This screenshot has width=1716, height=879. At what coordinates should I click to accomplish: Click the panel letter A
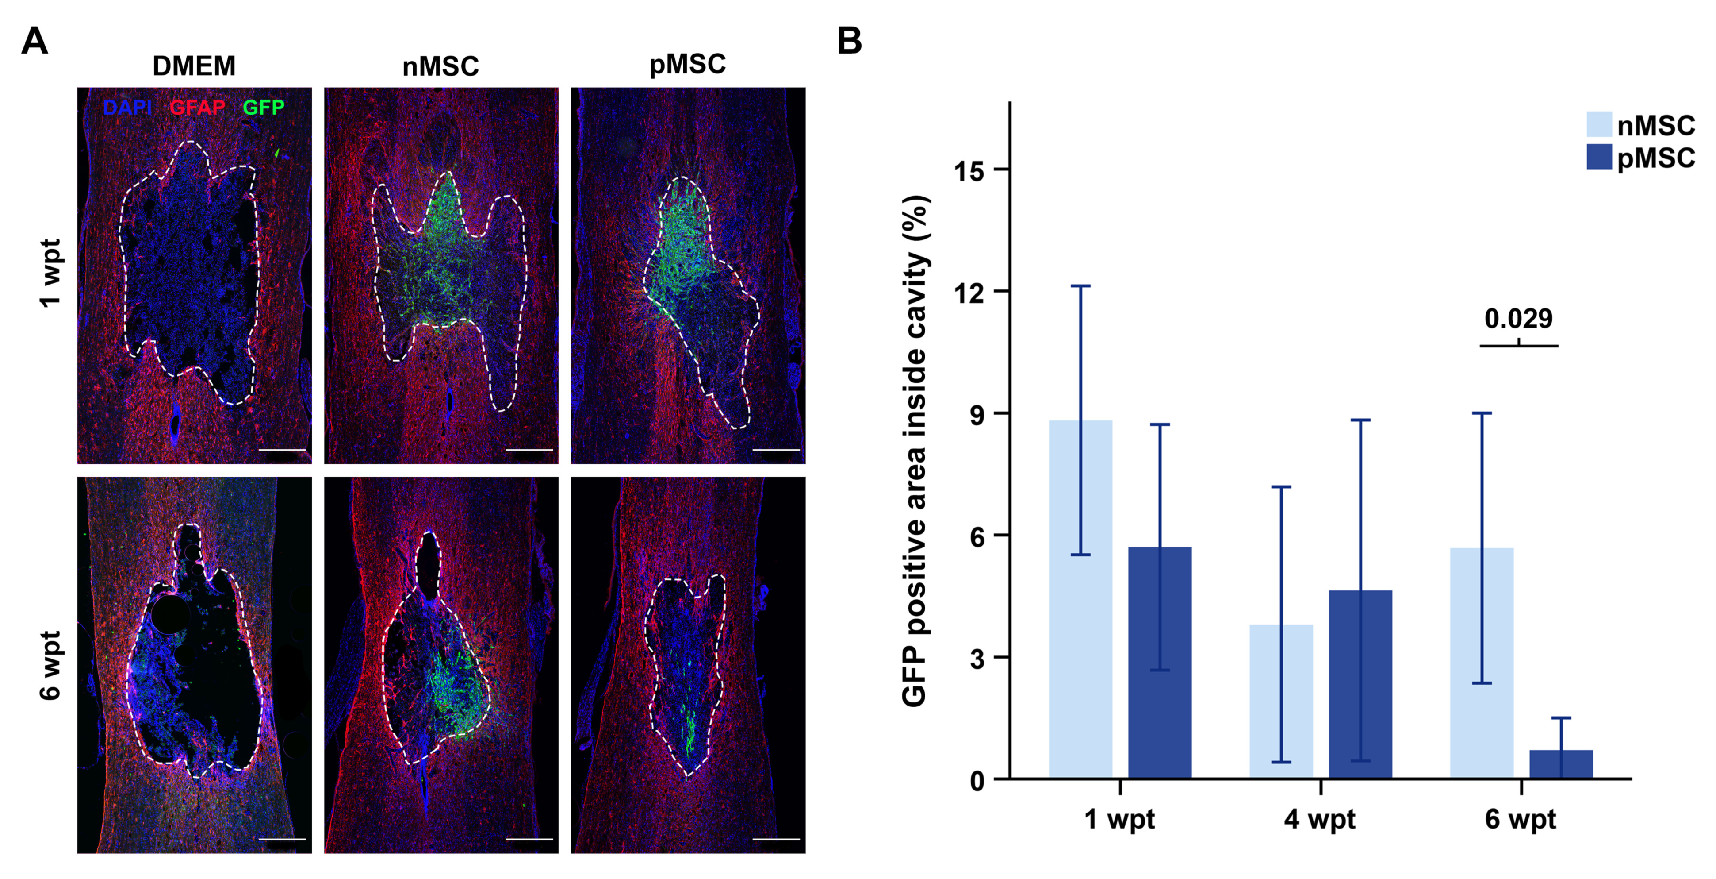(34, 41)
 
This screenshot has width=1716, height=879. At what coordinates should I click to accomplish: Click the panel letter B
(849, 41)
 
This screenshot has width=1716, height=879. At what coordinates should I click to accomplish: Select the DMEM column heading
(194, 66)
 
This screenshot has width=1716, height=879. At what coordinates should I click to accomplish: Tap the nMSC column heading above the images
(440, 66)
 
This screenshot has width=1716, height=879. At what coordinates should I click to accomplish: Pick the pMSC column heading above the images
(687, 65)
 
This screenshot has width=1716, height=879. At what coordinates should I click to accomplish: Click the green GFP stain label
(263, 107)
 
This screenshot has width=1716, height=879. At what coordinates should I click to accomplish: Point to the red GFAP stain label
(197, 107)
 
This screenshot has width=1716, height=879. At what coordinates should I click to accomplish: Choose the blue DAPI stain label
(127, 107)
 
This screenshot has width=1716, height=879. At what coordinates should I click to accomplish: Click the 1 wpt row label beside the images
(50, 273)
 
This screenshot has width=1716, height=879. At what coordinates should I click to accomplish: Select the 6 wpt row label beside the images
(50, 665)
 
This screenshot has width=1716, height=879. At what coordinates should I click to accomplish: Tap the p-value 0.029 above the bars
(1518, 319)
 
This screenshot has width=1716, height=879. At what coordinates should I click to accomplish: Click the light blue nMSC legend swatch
(1599, 125)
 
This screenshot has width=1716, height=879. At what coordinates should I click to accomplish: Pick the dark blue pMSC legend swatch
(1599, 157)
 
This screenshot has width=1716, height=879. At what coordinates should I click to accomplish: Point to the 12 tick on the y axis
(969, 292)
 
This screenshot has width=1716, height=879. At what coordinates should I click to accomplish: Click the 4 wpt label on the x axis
(1320, 819)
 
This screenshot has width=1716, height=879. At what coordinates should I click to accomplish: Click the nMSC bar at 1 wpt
(1080, 600)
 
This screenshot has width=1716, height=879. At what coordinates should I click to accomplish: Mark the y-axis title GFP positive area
(915, 451)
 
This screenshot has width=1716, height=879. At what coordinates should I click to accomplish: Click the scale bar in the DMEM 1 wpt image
(282, 450)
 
